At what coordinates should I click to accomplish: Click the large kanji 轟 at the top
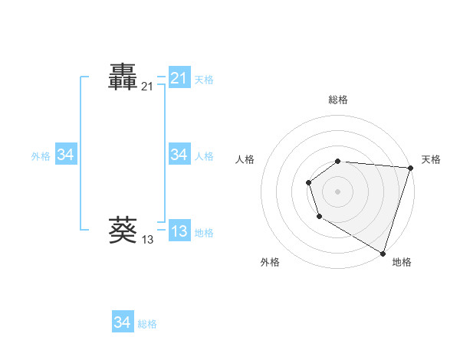coord(123,77)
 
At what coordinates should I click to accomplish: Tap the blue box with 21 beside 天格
coord(179,78)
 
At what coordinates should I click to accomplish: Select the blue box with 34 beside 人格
coord(179,155)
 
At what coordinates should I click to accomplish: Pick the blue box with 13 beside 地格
coord(179,231)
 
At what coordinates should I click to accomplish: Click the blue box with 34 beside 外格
coord(65,155)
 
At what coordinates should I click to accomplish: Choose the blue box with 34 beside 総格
coord(122,322)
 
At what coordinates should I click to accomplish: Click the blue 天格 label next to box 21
coord(204,79)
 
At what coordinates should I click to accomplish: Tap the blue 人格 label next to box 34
coord(204,155)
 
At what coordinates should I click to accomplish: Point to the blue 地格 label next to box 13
coord(204,232)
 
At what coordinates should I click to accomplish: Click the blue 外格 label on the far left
coord(41,155)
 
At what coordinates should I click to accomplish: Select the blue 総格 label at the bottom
coord(147,323)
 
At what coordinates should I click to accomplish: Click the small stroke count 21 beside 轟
coord(147,87)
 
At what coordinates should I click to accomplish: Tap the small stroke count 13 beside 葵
coord(147,240)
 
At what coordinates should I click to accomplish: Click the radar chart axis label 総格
coord(338,100)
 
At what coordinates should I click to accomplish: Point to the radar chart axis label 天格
coord(431,159)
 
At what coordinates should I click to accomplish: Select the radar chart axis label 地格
coord(402,262)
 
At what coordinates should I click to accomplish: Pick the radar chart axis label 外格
coord(270,262)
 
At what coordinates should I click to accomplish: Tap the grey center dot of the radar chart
coord(338,191)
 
